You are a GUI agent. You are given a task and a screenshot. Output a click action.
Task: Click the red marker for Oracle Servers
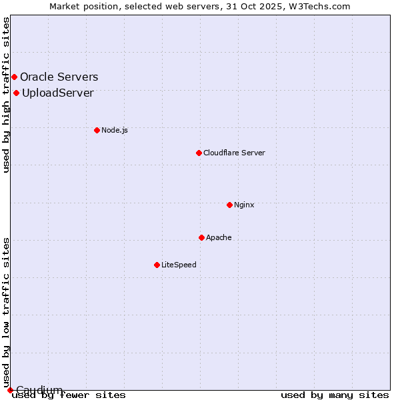(x=14, y=77)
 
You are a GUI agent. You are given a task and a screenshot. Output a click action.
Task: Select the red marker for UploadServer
(x=16, y=93)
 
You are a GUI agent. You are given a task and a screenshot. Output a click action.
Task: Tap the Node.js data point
(x=97, y=130)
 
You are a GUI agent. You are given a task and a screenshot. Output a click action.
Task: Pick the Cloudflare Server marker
(x=199, y=153)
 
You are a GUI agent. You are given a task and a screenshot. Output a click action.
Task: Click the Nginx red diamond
(x=229, y=205)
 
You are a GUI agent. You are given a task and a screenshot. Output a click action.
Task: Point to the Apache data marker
(x=201, y=237)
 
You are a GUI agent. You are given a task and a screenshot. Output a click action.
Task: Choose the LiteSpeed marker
(x=157, y=265)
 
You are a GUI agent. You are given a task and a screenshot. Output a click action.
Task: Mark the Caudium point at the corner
(x=10, y=389)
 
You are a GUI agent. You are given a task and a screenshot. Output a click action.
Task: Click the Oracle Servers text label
(x=59, y=77)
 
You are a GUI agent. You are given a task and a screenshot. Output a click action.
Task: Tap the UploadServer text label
(x=57, y=93)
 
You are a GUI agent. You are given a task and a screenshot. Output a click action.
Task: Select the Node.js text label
(x=115, y=130)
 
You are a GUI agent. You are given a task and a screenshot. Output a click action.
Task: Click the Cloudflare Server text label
(x=234, y=153)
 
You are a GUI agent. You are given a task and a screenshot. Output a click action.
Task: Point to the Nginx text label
(x=244, y=205)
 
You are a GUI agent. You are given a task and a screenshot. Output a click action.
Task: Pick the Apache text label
(x=219, y=237)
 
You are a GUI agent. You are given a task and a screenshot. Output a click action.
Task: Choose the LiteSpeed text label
(x=179, y=265)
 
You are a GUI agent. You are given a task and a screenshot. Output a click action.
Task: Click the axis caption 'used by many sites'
(x=335, y=395)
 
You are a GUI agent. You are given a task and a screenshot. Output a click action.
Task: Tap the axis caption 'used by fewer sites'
(x=69, y=395)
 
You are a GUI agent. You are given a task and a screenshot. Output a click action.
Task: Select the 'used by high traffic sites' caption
(x=7, y=95)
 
